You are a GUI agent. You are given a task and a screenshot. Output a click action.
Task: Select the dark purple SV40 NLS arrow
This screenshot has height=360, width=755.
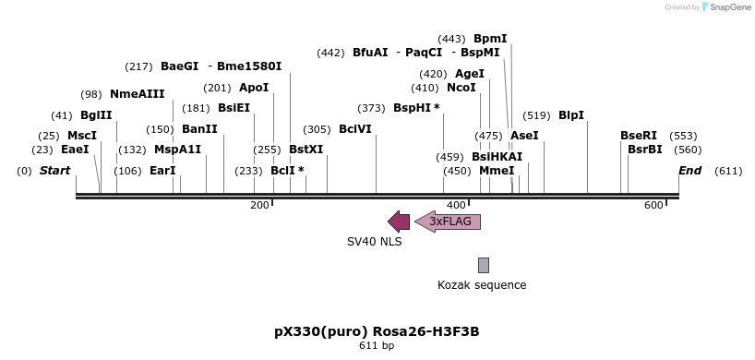pyautogui.click(x=399, y=222)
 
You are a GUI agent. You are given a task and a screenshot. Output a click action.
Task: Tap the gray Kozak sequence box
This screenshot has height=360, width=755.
pyautogui.click(x=483, y=265)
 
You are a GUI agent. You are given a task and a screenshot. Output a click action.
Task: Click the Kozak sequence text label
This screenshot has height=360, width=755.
pyautogui.click(x=482, y=285)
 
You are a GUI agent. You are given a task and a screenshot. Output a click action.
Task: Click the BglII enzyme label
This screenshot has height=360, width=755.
pyautogui.click(x=96, y=115)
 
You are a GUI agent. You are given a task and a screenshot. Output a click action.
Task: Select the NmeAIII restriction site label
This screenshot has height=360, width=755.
pyautogui.click(x=137, y=94)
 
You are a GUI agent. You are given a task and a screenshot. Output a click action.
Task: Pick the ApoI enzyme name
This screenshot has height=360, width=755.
pyautogui.click(x=254, y=88)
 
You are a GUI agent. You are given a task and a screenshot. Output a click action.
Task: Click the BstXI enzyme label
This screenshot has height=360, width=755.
pyautogui.click(x=306, y=149)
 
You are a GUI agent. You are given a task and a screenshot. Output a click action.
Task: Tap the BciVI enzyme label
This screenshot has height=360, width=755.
pyautogui.click(x=355, y=129)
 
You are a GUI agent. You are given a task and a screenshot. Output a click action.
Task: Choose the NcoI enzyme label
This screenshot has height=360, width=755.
pyautogui.click(x=461, y=88)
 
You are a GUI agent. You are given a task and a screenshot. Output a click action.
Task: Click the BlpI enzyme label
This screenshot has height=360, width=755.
pyautogui.click(x=571, y=115)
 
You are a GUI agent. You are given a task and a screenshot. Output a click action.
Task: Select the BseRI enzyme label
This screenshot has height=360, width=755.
pyautogui.click(x=639, y=136)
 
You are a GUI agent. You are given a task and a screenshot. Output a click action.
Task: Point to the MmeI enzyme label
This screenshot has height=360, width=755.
pyautogui.click(x=497, y=171)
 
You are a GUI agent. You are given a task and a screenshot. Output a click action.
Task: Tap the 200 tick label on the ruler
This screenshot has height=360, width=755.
pyautogui.click(x=259, y=205)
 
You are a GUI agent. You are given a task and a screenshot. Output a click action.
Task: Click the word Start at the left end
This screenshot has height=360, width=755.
pyautogui.click(x=54, y=171)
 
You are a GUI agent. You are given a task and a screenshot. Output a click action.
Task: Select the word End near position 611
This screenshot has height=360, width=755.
pyautogui.click(x=689, y=171)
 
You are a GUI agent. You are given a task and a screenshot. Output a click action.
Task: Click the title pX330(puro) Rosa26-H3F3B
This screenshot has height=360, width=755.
pyautogui.click(x=377, y=331)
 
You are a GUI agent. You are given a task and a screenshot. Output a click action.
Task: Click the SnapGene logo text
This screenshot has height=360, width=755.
pyautogui.click(x=729, y=7)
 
